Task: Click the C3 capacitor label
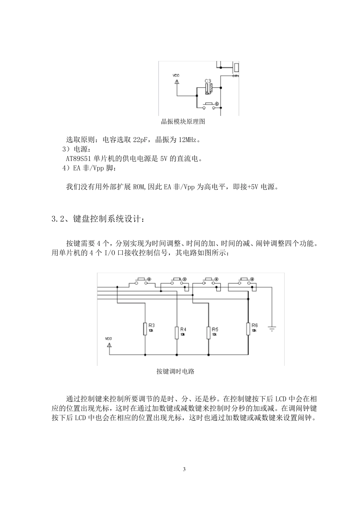coord(208,81)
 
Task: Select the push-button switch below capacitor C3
coord(209,105)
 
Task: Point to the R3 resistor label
coord(152,325)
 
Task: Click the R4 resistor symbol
coord(177,333)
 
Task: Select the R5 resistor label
coord(215,329)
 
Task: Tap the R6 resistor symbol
coord(248,329)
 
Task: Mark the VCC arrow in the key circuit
coord(109,345)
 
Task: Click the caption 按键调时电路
coord(175,372)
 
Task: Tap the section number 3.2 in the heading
coord(59,219)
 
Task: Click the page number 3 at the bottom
coord(184,470)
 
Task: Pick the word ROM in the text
coord(139,187)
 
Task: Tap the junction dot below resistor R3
coord(146,354)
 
